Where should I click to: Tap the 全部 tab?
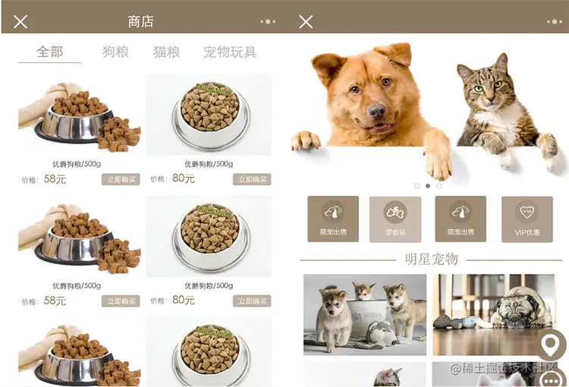49,52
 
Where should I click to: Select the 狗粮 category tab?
115,52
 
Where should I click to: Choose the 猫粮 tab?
166,52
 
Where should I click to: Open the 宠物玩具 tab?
229,52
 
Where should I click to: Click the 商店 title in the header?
140,22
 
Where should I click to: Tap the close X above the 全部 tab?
20,22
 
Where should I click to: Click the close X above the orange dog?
306,22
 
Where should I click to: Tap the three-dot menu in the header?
268,22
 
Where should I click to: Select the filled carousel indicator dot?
428,185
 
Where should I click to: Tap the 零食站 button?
395,219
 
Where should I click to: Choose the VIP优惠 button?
527,219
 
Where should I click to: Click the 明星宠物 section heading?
431,260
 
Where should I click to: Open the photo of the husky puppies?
365,314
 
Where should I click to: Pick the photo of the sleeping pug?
494,314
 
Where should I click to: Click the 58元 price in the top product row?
55,179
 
